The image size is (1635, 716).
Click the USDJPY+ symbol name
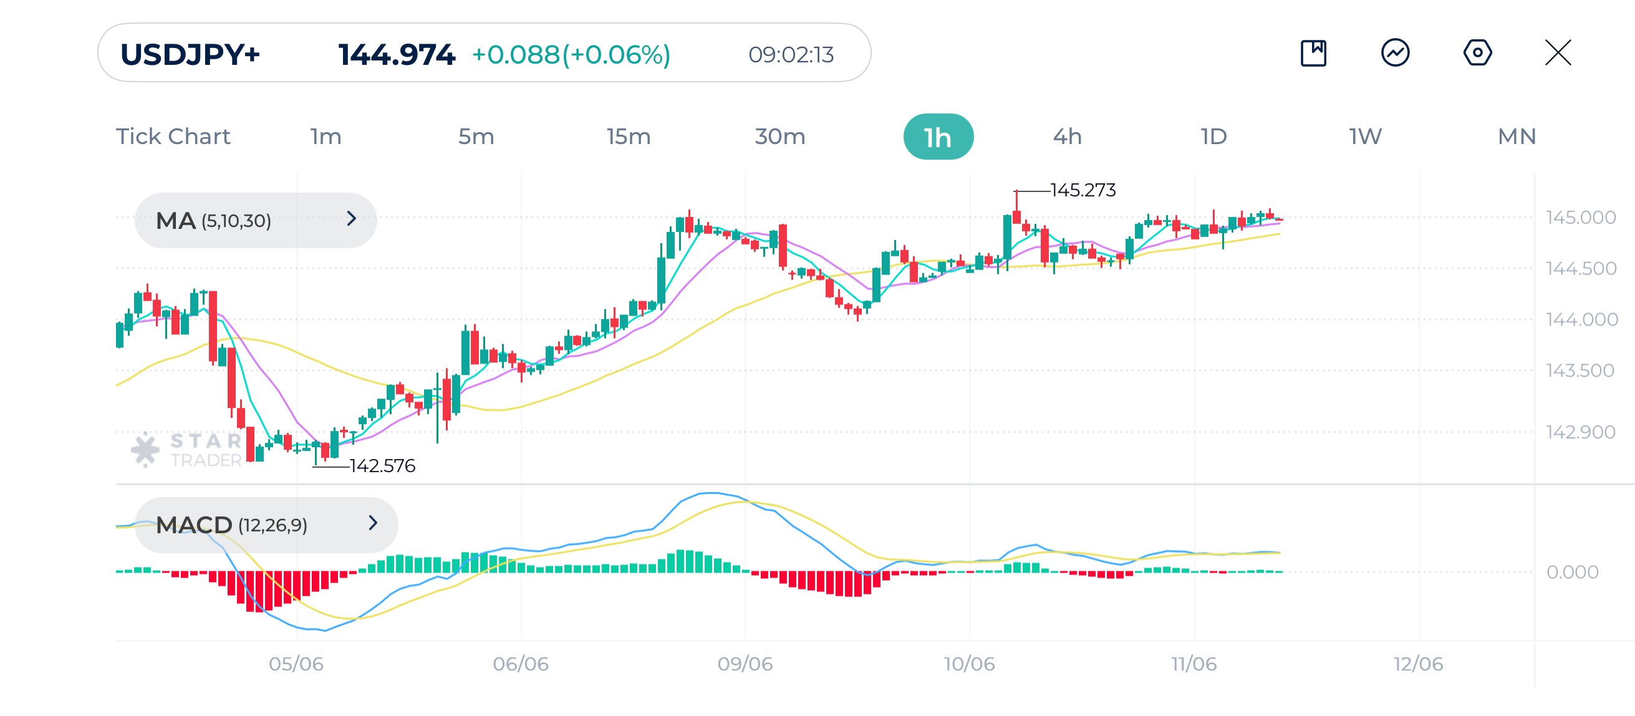pos(190,55)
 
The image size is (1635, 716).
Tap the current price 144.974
pos(396,55)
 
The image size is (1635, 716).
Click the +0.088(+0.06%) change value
pos(571,55)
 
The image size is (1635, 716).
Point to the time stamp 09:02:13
pos(790,55)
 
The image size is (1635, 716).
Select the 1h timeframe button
pos(937,137)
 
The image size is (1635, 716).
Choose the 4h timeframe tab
pos(1067,137)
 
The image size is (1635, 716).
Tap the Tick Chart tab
pos(173,137)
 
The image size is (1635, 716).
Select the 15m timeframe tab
pos(628,137)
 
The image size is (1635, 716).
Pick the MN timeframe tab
pos(1516,137)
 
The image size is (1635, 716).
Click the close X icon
pos(1558,52)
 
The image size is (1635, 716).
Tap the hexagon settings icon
pos(1477,52)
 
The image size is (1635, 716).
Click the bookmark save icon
pos(1313,52)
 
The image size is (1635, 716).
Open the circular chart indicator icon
pos(1395,52)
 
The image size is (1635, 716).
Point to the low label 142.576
pos(382,466)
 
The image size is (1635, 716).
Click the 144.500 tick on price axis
pos(1580,268)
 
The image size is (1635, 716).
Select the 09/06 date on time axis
pos(745,664)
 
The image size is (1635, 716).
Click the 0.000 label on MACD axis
pos(1571,572)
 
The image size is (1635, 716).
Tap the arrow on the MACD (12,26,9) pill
pos(372,523)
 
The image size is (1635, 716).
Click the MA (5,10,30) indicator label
pos(214,221)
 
